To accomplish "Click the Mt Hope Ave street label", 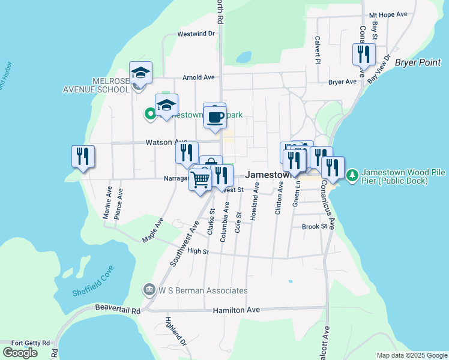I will [388, 14].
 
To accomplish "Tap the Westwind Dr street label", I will [196, 34].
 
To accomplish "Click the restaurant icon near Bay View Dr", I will [364, 54].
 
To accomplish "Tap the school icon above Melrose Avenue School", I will [140, 73].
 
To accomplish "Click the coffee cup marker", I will [215, 117].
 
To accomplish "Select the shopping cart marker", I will [200, 179].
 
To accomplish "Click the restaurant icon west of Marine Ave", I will [83, 157].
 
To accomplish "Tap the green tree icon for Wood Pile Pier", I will [352, 175].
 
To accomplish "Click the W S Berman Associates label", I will [203, 290].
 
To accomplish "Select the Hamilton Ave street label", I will [237, 310].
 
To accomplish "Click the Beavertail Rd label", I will [118, 309].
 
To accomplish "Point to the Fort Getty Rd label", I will [26, 343].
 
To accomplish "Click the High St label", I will [197, 251].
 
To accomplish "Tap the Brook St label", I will [315, 227].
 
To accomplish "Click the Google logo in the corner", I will [20, 352].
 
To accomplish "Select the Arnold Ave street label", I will [199, 77].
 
